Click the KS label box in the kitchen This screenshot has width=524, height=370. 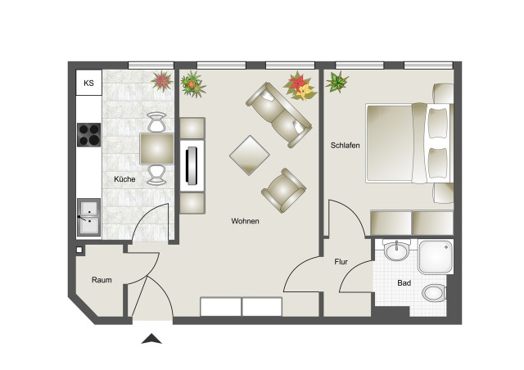tap(89, 83)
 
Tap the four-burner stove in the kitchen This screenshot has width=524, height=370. tap(89, 135)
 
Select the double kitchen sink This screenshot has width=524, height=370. tap(89, 217)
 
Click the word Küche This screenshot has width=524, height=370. tap(124, 179)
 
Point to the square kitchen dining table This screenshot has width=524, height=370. tap(157, 149)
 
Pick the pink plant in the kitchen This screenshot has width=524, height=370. tap(162, 81)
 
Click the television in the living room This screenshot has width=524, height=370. tap(192, 165)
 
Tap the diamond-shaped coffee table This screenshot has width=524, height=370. tap(249, 156)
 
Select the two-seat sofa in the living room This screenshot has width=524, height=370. tap(279, 115)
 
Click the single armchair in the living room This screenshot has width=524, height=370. tap(283, 190)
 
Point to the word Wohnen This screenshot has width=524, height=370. tap(245, 221)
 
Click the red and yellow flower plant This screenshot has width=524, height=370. tap(300, 86)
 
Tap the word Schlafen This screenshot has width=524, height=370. tap(346, 146)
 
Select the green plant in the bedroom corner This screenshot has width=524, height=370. tap(337, 82)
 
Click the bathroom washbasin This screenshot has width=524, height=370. tap(396, 250)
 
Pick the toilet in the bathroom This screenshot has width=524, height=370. tap(435, 293)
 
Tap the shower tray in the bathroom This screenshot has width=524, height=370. tap(436, 257)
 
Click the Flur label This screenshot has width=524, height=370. tap(341, 262)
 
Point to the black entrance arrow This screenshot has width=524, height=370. tap(151, 339)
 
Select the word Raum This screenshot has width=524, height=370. tap(102, 280)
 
